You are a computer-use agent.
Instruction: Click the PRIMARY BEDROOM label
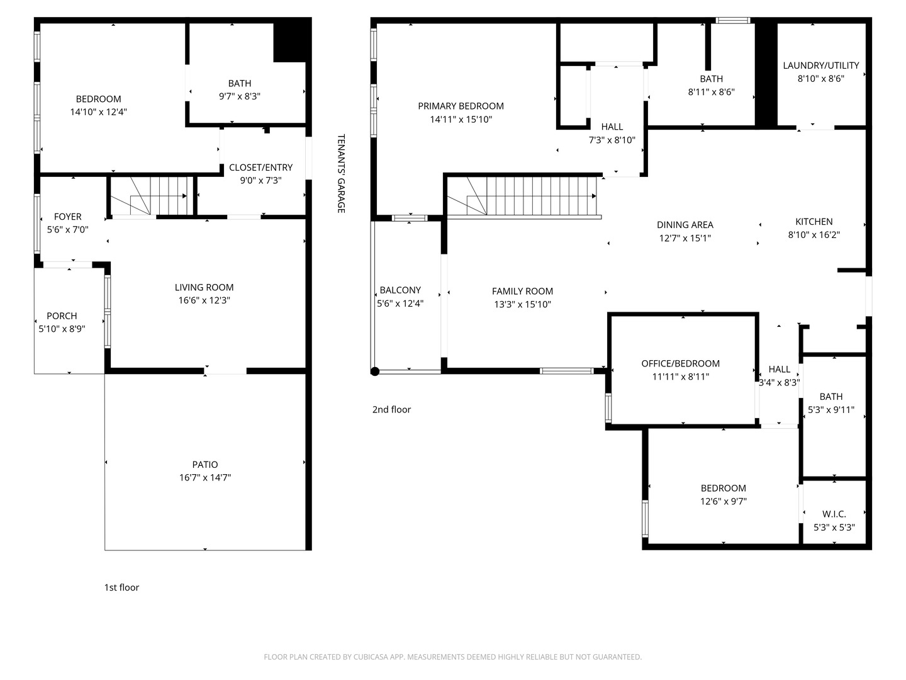[461, 106]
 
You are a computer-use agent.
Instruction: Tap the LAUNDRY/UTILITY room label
[820, 65]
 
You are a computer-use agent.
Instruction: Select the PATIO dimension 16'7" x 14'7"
[204, 478]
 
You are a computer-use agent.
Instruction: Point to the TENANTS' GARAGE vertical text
[341, 173]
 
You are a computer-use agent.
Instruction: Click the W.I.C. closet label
[834, 514]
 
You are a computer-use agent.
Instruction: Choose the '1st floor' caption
[121, 587]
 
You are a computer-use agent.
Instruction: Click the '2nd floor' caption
[391, 409]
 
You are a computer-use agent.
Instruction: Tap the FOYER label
[67, 217]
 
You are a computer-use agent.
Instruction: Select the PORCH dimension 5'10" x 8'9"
[62, 329]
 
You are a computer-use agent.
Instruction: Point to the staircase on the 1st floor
[151, 196]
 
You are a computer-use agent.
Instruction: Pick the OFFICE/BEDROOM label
[680, 363]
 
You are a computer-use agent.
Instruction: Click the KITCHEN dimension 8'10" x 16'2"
[814, 235]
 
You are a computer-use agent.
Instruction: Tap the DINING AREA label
[685, 225]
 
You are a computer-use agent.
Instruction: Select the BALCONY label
[400, 290]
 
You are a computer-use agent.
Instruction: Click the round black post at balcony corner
[374, 371]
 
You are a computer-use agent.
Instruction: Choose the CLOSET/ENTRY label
[260, 167]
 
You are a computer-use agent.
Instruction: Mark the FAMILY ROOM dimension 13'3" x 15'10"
[522, 305]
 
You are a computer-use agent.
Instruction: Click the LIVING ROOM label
[204, 287]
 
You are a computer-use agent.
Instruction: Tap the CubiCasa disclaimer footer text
[452, 657]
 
